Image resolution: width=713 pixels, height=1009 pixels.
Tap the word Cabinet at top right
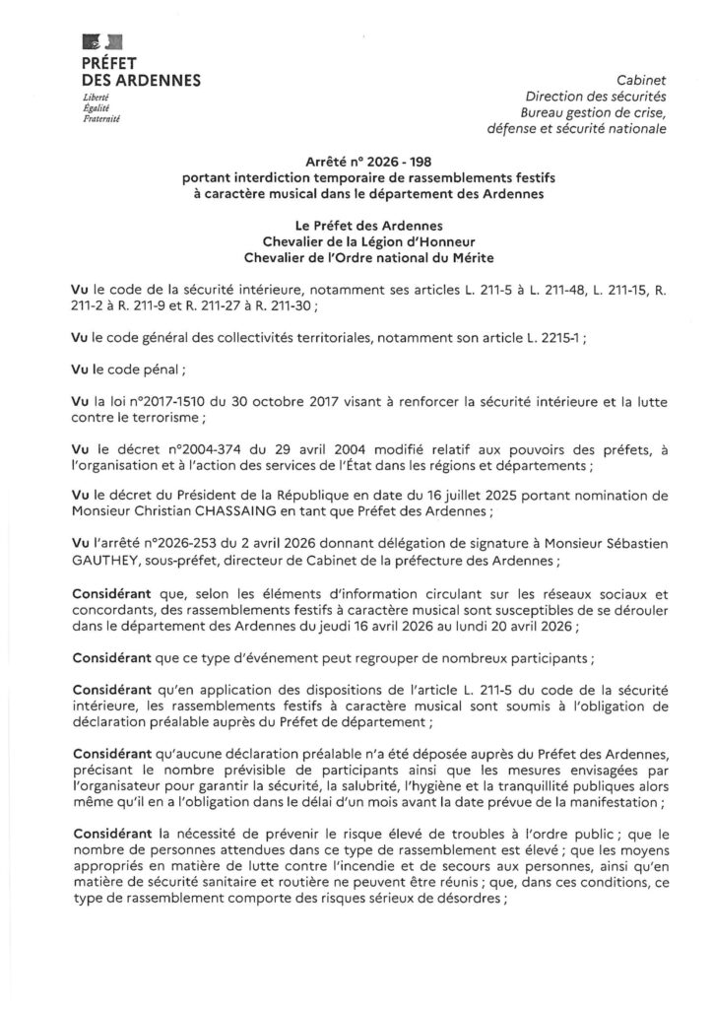click(x=642, y=80)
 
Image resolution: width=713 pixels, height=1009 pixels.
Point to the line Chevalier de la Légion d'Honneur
click(x=356, y=242)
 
